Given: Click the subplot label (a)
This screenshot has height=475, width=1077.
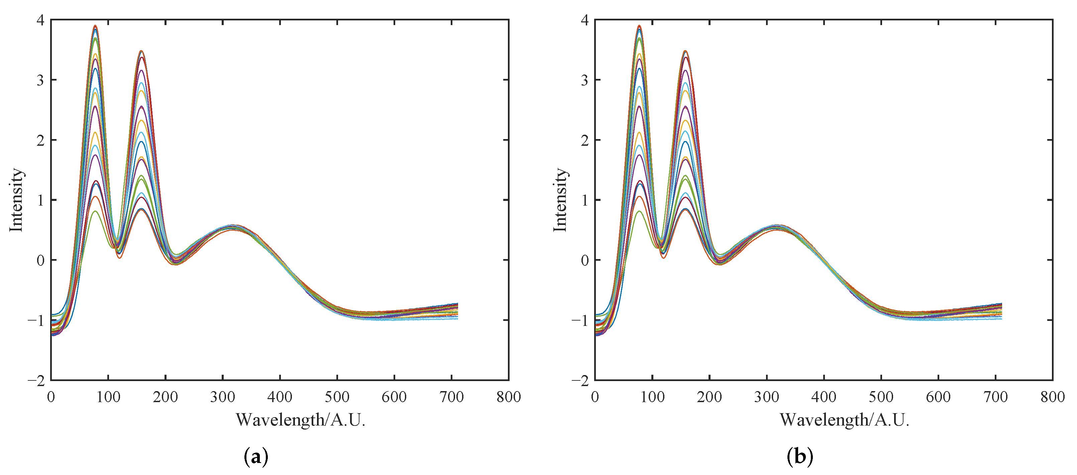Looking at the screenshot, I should pyautogui.click(x=255, y=456).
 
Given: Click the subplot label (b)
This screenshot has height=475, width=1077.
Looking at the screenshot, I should pyautogui.click(x=799, y=456).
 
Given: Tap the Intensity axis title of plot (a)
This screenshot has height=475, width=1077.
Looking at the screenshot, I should pyautogui.click(x=16, y=200).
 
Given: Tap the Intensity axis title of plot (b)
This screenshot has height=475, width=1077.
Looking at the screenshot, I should pyautogui.click(x=560, y=200).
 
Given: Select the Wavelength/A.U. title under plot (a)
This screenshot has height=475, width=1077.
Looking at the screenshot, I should pyautogui.click(x=300, y=420).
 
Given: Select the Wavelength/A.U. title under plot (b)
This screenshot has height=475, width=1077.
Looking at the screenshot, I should pyautogui.click(x=844, y=420).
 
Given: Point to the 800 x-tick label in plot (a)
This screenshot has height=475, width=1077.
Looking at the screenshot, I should pyautogui.click(x=508, y=397).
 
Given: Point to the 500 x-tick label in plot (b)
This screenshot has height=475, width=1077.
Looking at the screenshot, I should pyautogui.click(x=881, y=397).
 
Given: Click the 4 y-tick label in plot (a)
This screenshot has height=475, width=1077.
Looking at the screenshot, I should pyautogui.click(x=40, y=20).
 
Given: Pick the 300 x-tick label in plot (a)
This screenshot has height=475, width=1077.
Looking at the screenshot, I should pyautogui.click(x=222, y=397).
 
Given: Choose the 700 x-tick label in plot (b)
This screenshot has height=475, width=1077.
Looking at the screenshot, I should pyautogui.click(x=995, y=397).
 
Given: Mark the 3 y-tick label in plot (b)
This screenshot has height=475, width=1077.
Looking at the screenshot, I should pyautogui.click(x=584, y=80).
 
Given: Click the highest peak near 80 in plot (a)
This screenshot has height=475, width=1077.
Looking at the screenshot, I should pyautogui.click(x=95, y=26).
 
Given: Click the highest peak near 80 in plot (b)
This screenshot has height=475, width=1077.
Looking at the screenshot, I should pyautogui.click(x=639, y=26).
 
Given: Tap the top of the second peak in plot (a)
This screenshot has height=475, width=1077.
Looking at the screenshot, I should pyautogui.click(x=141, y=51).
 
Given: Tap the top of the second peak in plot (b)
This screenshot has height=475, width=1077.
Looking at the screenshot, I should pyautogui.click(x=685, y=51).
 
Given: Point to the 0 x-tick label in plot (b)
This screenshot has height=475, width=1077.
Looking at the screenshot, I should pyautogui.click(x=595, y=397).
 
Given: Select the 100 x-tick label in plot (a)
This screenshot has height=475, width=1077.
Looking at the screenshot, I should pyautogui.click(x=108, y=397).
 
